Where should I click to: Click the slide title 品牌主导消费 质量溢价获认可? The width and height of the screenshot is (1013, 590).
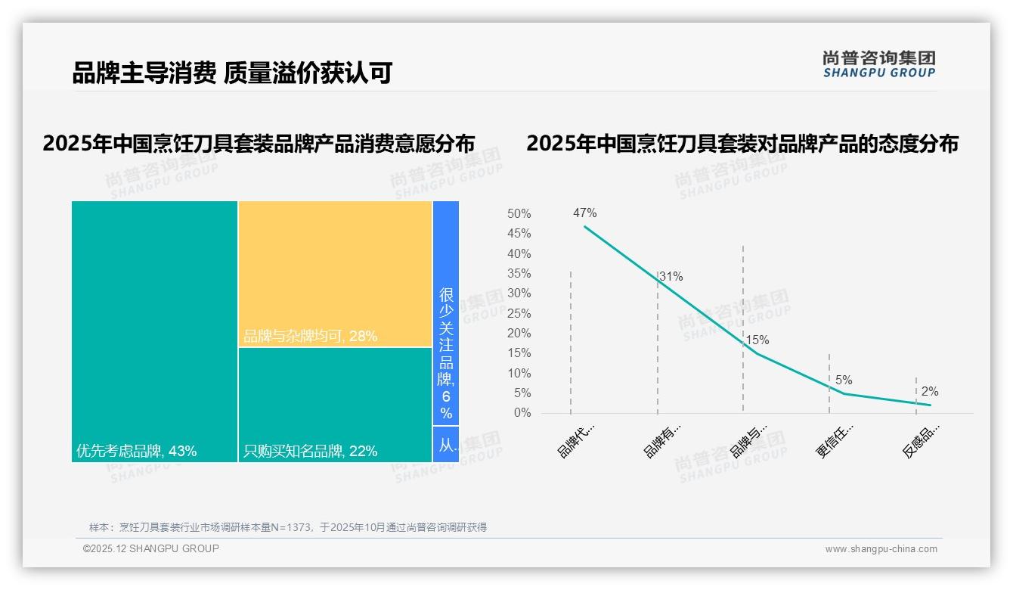232,73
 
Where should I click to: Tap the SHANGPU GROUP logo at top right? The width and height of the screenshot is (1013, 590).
878,64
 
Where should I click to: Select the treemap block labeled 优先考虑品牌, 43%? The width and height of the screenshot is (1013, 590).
154,331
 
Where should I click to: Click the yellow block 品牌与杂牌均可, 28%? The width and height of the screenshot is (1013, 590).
335,274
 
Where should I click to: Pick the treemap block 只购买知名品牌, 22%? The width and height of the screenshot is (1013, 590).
335,405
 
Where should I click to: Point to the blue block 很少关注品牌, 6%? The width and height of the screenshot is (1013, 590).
446,313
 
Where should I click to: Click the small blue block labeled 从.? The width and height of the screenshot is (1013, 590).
446,445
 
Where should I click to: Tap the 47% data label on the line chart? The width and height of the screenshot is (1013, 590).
584,213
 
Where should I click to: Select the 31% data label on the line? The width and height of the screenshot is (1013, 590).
671,277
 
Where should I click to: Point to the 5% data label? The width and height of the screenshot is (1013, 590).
844,380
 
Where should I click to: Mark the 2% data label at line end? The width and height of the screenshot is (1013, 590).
929,392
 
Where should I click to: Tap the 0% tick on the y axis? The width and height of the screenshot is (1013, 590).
522,413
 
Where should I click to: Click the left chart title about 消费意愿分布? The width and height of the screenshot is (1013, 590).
259,144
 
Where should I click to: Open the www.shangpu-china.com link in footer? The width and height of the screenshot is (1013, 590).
881,549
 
